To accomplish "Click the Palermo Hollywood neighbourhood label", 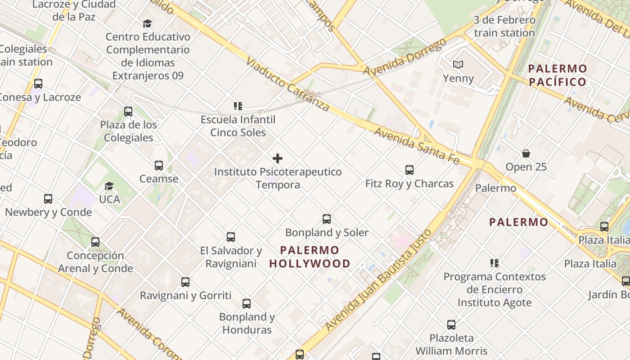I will [310, 257].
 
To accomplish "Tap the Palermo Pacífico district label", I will [558, 75].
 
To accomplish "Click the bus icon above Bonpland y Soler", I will [327, 219].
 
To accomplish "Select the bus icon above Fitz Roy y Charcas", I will [409, 170].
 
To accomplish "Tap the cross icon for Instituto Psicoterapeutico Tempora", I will [278, 158].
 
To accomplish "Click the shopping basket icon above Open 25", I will [526, 154].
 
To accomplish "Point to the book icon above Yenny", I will [458, 65].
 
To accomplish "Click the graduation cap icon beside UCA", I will [109, 186].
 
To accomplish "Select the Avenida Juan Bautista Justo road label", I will [378, 280].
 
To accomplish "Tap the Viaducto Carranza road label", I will [288, 84].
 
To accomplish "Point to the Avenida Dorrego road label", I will [405, 57].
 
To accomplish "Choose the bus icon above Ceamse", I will [158, 166].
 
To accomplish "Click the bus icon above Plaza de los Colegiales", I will [128, 111].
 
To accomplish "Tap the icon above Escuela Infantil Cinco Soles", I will [238, 106].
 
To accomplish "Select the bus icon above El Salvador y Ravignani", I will [231, 237].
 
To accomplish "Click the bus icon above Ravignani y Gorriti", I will [185, 282].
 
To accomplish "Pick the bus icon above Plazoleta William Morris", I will [451, 325].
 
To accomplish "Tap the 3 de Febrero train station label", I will [504, 27].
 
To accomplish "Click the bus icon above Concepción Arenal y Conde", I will [95, 242].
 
